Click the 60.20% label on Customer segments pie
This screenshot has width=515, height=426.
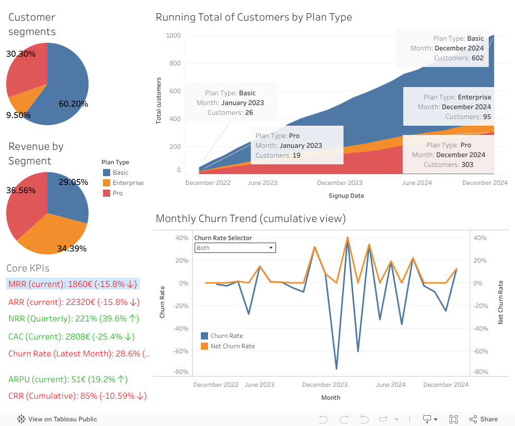(73, 104)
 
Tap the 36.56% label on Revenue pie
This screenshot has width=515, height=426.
(21, 190)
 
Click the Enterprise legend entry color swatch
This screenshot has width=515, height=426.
(107, 183)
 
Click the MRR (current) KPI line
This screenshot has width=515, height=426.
(73, 284)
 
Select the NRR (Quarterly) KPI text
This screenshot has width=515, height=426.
(74, 319)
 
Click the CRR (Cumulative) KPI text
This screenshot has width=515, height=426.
(77, 396)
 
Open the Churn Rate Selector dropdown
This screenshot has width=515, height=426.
(235, 248)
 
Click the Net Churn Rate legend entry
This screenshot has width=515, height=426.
(232, 346)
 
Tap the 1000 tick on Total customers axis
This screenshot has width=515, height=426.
(173, 36)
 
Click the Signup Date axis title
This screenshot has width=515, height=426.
(346, 196)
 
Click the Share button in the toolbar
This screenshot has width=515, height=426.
(484, 419)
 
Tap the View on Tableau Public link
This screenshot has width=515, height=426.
(57, 419)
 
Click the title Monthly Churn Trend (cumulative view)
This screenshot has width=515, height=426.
(250, 218)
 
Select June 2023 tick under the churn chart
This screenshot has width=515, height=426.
(260, 385)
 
